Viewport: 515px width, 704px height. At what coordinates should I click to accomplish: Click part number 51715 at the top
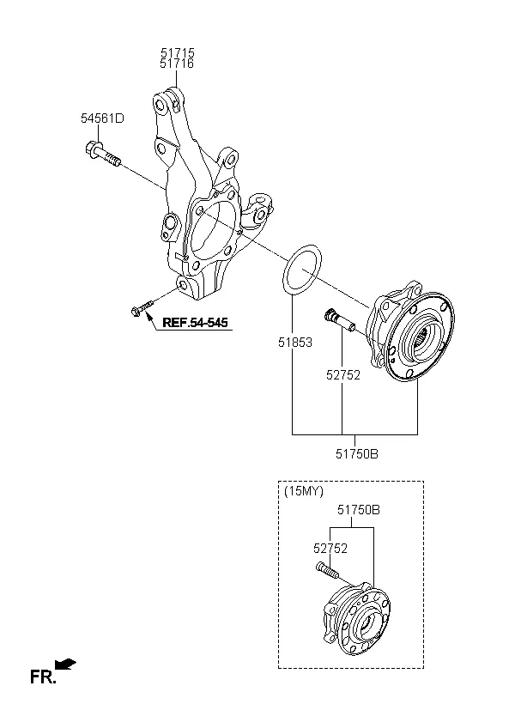click(x=178, y=53)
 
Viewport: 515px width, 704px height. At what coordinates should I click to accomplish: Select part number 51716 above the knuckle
click(x=177, y=64)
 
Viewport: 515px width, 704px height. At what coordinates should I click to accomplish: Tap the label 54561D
click(x=102, y=118)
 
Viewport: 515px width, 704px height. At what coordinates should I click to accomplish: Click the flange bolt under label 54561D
click(x=103, y=153)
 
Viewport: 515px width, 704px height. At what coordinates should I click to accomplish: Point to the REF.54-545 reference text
click(x=195, y=322)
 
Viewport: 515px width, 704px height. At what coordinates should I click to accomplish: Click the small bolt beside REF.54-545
click(x=142, y=308)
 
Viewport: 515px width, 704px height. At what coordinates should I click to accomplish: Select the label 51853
click(x=295, y=343)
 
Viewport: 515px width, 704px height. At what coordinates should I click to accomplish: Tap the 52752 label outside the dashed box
click(x=343, y=375)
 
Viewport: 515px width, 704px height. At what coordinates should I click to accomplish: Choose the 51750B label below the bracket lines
click(x=357, y=454)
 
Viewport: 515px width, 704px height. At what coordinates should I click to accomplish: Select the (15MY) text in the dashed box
click(x=304, y=491)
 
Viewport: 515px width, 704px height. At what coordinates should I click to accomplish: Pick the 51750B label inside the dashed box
click(x=359, y=510)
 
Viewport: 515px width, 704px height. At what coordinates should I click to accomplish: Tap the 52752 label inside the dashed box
click(x=330, y=549)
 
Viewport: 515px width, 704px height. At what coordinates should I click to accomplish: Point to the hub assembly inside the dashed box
click(x=358, y=618)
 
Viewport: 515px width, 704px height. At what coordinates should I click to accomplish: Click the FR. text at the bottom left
click(x=43, y=677)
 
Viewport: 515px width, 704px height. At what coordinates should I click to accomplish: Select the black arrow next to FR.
click(x=65, y=664)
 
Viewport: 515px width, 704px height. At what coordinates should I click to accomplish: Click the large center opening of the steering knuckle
click(x=212, y=232)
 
